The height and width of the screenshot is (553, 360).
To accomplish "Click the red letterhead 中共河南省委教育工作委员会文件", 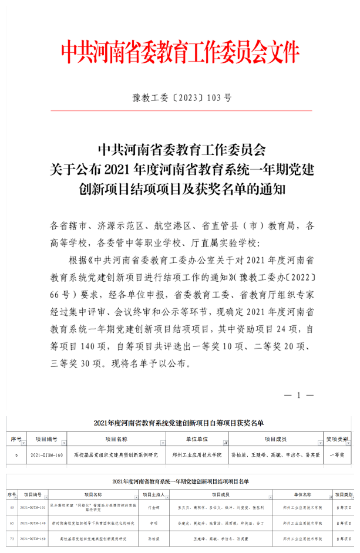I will (x=180, y=52).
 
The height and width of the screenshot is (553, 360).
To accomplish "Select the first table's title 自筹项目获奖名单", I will (x=179, y=423).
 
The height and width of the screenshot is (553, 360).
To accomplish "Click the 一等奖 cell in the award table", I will (x=338, y=454).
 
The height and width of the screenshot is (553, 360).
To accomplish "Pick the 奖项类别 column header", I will (x=337, y=439).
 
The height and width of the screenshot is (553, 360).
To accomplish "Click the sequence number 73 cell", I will (x=11, y=538).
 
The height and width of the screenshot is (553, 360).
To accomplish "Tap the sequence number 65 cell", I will (x=11, y=522).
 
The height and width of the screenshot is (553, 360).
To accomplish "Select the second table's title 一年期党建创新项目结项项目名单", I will (x=180, y=482).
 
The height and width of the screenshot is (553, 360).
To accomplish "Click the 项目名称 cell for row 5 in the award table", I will (x=116, y=454).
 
